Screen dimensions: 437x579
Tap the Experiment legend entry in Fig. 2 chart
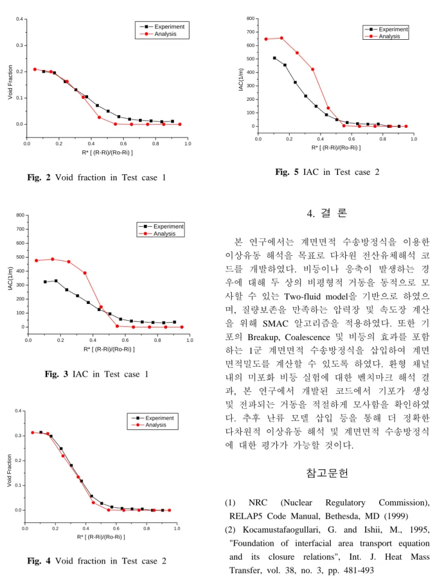tap(162, 27)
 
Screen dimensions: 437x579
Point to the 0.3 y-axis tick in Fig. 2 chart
tap(19, 45)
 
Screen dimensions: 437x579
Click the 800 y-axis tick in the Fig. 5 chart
tap(250, 19)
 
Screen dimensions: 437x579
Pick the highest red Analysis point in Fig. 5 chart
tap(281, 38)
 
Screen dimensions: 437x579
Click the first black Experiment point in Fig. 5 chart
tap(275, 58)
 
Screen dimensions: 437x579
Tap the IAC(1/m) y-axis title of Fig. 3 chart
tap(10, 278)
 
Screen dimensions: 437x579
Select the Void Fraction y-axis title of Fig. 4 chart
tap(9, 470)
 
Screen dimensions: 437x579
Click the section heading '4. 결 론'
tap(327, 213)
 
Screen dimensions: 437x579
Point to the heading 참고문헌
tap(327, 473)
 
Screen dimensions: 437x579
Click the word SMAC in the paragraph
tap(275, 324)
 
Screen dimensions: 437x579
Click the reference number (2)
tap(230, 530)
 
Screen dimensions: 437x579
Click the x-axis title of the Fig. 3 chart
tap(109, 349)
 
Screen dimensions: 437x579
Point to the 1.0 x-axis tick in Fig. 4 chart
tap(177, 528)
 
